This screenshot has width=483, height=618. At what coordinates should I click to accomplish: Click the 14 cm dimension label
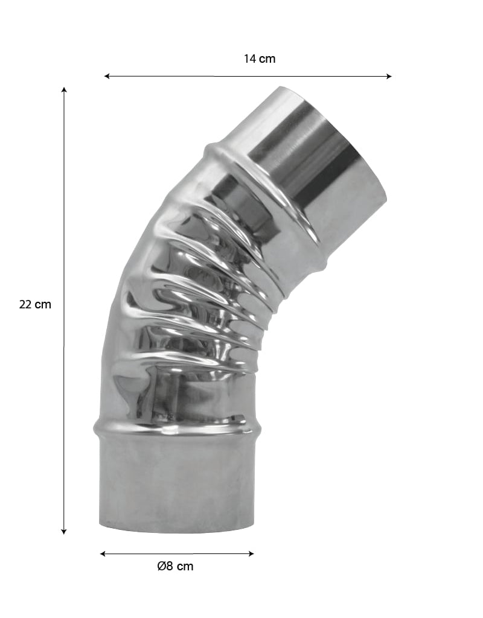pyautogui.click(x=260, y=59)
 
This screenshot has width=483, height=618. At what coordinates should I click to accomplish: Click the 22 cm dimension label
pyautogui.click(x=35, y=304)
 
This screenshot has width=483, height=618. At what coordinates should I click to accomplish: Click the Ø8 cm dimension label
pyautogui.click(x=175, y=566)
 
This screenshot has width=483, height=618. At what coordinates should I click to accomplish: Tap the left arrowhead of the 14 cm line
pyautogui.click(x=107, y=76)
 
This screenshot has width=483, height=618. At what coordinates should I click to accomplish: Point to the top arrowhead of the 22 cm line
pyautogui.click(x=64, y=90)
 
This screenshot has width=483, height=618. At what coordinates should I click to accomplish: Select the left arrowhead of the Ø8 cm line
pyautogui.click(x=103, y=553)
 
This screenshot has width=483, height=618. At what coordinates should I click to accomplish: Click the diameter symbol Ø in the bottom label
pyautogui.click(x=161, y=566)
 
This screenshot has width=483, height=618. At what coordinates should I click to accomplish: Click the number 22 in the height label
pyautogui.click(x=25, y=304)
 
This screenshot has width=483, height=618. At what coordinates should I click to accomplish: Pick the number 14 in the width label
pyautogui.click(x=250, y=59)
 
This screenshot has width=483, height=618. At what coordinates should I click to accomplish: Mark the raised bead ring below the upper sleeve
pyautogui.click(x=266, y=199)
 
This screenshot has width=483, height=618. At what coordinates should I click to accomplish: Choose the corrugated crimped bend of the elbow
pyautogui.click(x=193, y=290)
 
